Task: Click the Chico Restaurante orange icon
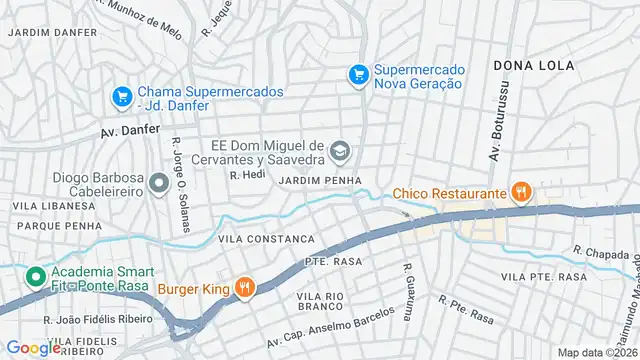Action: tap(519, 191)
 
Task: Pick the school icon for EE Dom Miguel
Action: tap(340, 151)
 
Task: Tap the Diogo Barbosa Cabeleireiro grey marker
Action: tap(157, 183)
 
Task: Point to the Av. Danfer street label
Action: tap(131, 131)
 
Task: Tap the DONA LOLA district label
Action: tap(534, 65)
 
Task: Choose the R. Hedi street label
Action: tap(246, 174)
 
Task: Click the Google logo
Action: tap(33, 347)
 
